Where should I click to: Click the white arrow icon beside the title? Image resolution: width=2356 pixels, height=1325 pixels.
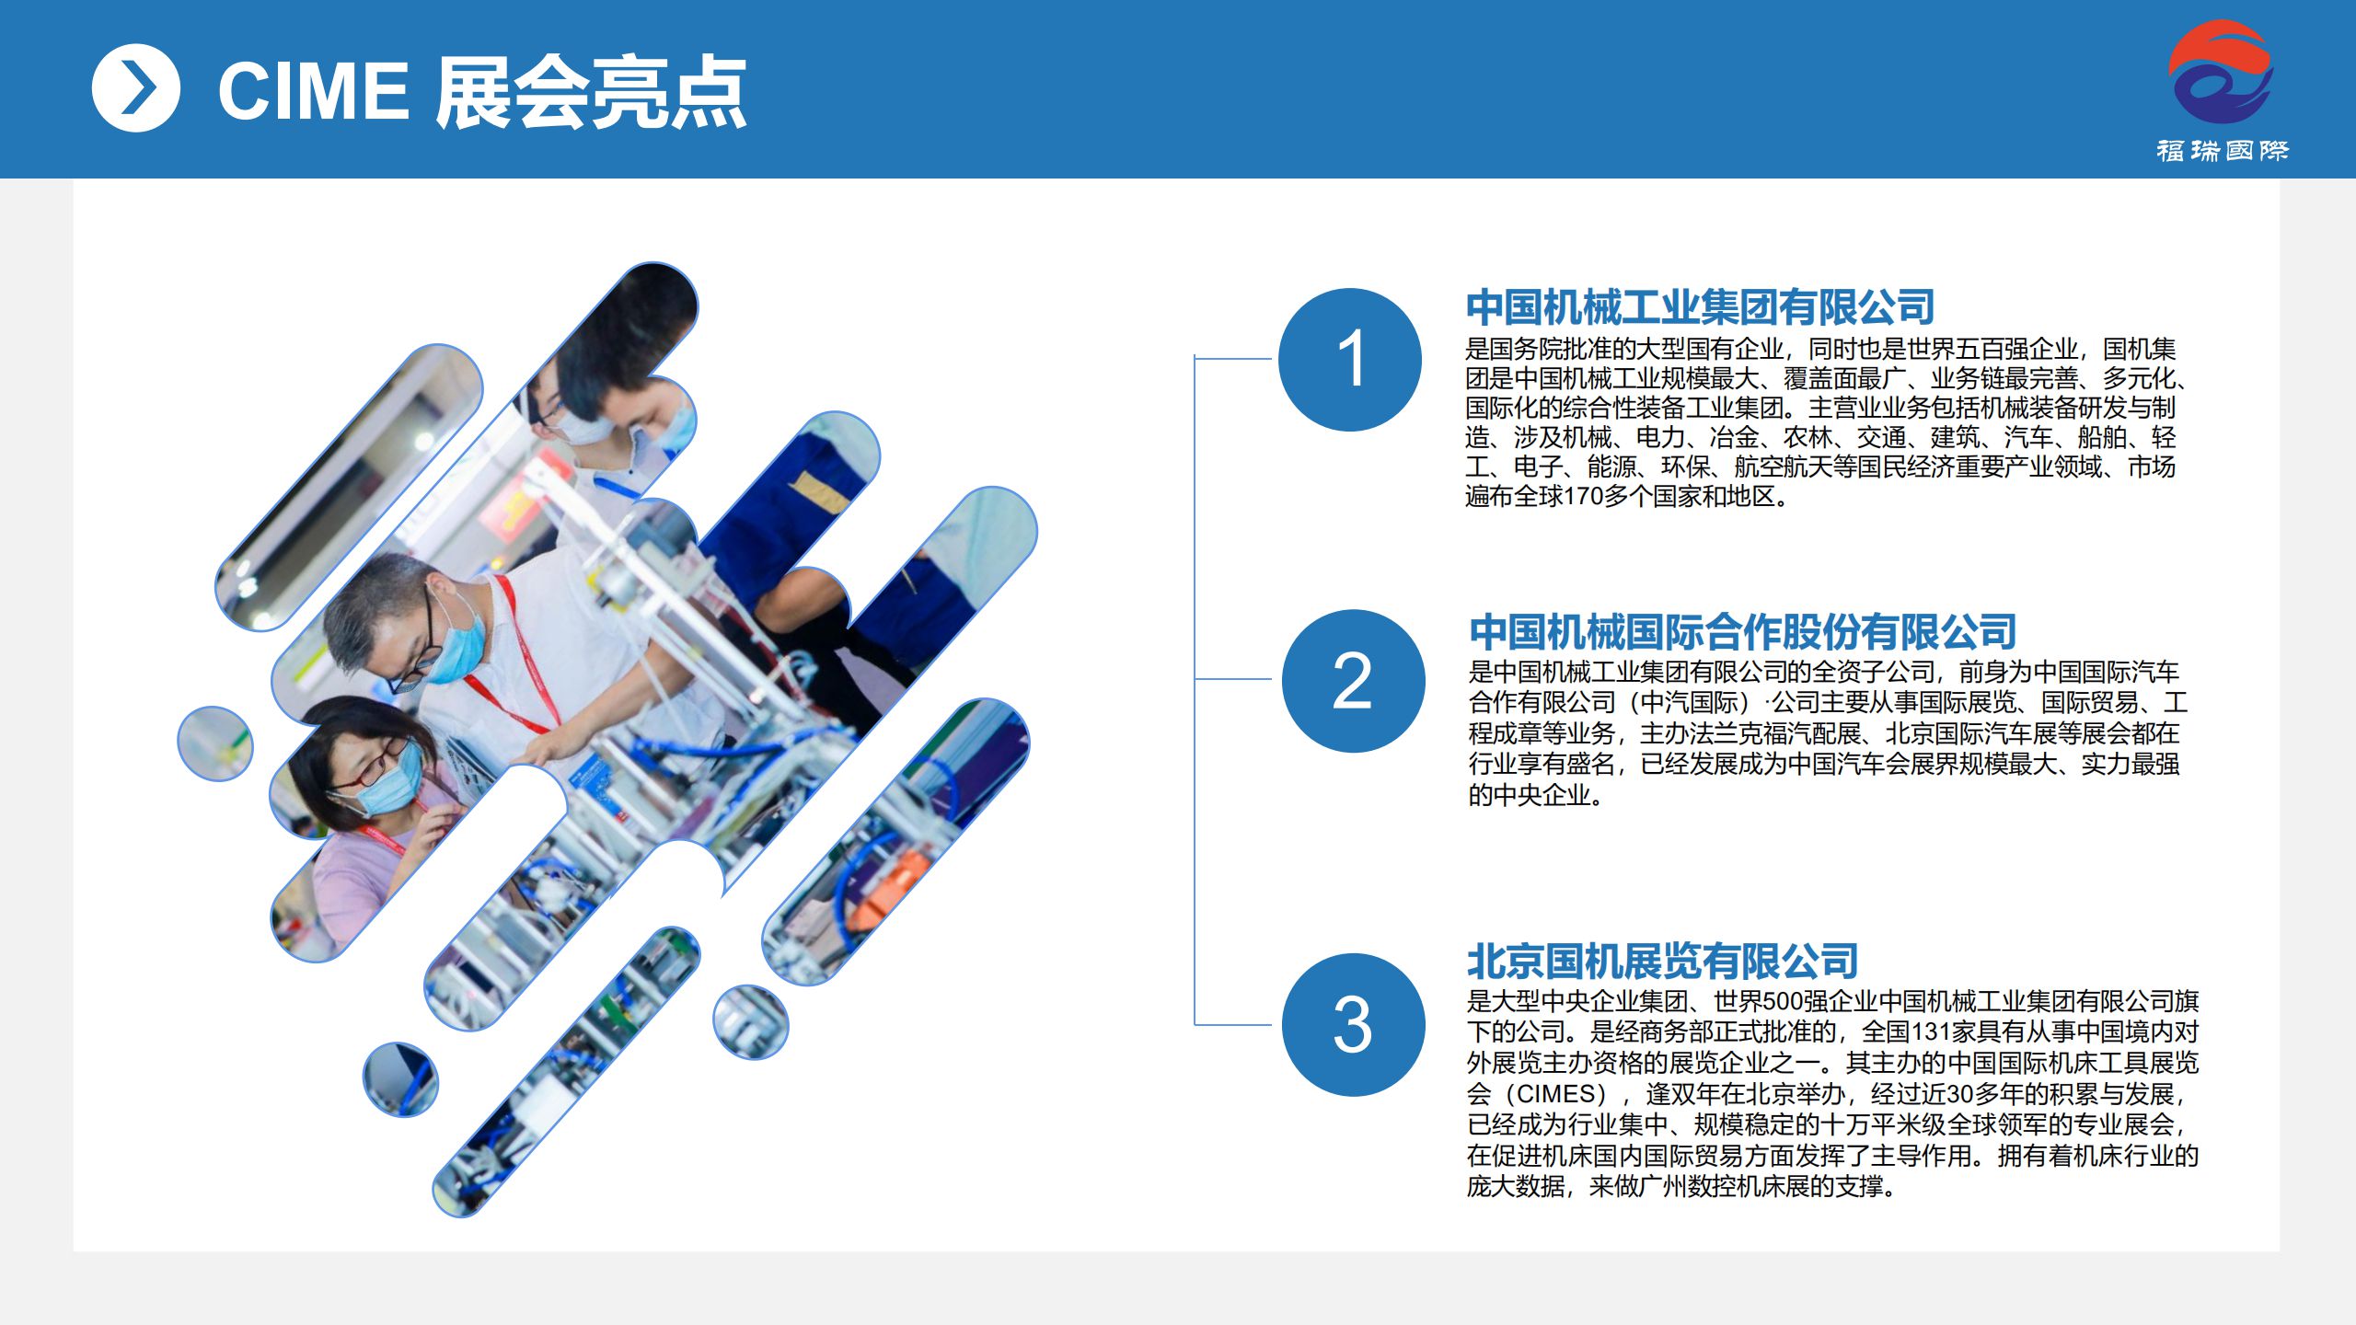click(136, 88)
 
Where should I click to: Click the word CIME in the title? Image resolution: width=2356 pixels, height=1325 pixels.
click(313, 91)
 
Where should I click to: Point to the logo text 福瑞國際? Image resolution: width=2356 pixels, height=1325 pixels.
click(2222, 150)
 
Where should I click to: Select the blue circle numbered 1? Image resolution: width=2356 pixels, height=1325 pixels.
click(1350, 359)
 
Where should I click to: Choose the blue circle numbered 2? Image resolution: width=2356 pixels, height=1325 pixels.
click(1353, 681)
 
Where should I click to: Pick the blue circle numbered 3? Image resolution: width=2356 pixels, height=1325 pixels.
click(1353, 1024)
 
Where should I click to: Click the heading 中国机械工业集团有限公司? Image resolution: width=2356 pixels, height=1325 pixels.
click(1700, 307)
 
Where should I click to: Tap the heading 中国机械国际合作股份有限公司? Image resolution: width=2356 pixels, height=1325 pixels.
click(1742, 631)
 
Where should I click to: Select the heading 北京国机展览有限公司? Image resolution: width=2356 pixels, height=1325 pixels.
click(1662, 962)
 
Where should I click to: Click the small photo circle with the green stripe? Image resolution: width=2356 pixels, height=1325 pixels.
click(215, 743)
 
